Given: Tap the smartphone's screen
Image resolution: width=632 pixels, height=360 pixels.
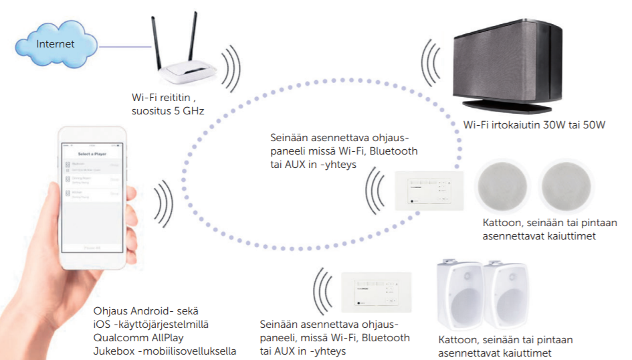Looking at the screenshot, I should click(x=94, y=201).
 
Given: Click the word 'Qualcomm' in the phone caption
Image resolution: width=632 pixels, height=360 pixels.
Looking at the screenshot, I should click(x=120, y=337).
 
